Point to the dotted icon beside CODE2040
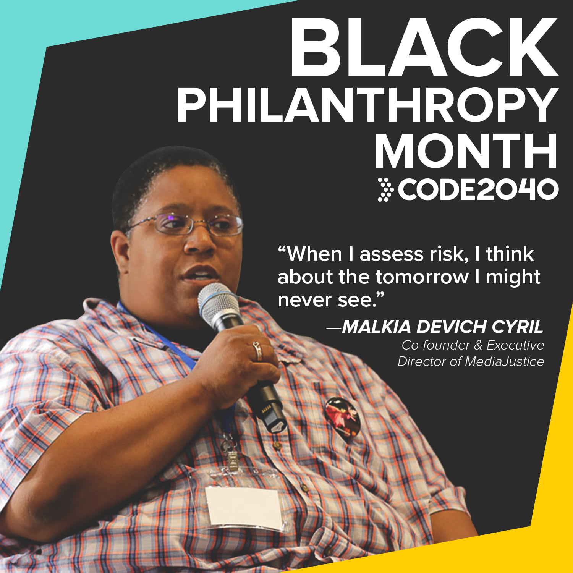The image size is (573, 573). pyautogui.click(x=385, y=189)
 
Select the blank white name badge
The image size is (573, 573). pyautogui.click(x=244, y=508)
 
